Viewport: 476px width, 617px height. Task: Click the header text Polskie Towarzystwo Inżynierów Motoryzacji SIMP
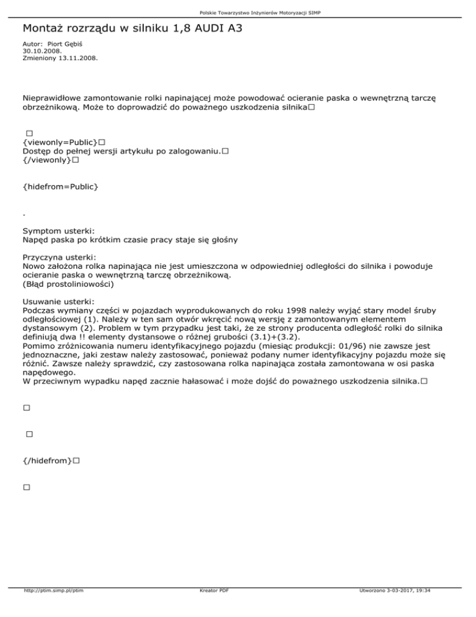pyautogui.click(x=238, y=12)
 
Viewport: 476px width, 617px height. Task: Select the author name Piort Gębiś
pyautogui.click(x=71, y=45)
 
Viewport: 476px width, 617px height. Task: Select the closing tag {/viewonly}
pyautogui.click(x=45, y=160)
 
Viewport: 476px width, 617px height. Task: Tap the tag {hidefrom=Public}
pyautogui.click(x=60, y=186)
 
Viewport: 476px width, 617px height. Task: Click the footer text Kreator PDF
pyautogui.click(x=211, y=608)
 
